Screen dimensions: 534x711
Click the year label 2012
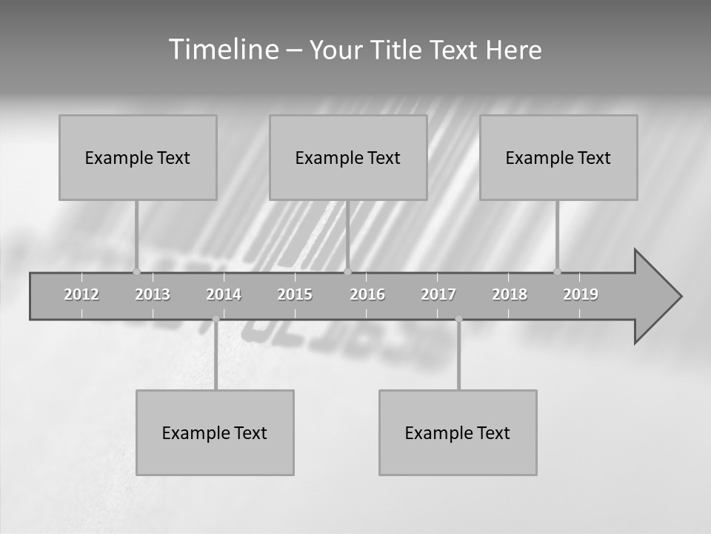click(81, 294)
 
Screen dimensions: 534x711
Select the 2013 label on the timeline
click(153, 294)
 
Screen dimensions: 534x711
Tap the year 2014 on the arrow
click(224, 294)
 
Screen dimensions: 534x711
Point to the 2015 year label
click(295, 294)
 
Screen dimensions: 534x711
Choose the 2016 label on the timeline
click(367, 294)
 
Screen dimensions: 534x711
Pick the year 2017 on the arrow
click(438, 294)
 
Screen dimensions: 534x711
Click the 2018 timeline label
click(510, 294)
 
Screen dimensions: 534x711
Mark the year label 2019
click(581, 294)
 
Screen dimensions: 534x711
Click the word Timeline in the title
click(223, 50)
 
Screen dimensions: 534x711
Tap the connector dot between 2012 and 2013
click(136, 271)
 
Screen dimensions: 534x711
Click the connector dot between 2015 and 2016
click(347, 271)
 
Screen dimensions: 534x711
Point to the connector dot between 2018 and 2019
click(557, 271)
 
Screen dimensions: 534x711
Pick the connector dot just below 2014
click(216, 319)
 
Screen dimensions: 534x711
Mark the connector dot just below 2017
click(458, 319)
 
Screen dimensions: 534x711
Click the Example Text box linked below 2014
click(215, 432)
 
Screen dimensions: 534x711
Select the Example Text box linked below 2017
click(458, 432)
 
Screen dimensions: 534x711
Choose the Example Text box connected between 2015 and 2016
click(348, 157)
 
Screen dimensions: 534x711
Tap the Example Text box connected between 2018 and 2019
click(558, 157)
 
